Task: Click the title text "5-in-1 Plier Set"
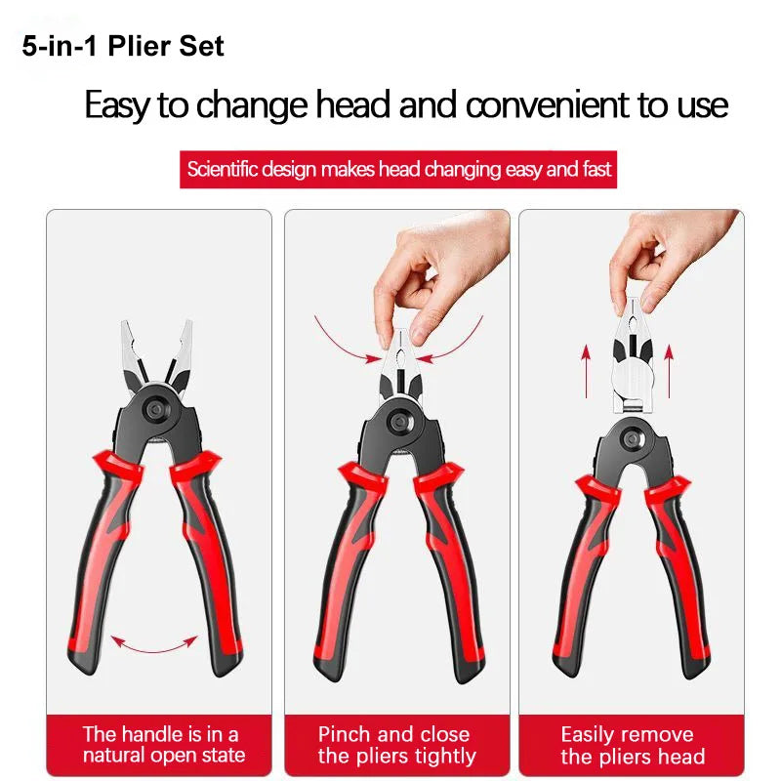pyautogui.click(x=123, y=46)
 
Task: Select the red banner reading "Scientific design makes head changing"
pyautogui.click(x=399, y=169)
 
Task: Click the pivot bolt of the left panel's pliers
pyautogui.click(x=156, y=408)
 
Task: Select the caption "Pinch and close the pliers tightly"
pyautogui.click(x=395, y=745)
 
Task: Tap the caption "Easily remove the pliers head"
pyautogui.click(x=632, y=745)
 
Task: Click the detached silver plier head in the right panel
pyautogui.click(x=634, y=366)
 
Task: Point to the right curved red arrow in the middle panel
pyautogui.click(x=459, y=337)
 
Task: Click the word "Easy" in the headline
pyautogui.click(x=118, y=103)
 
